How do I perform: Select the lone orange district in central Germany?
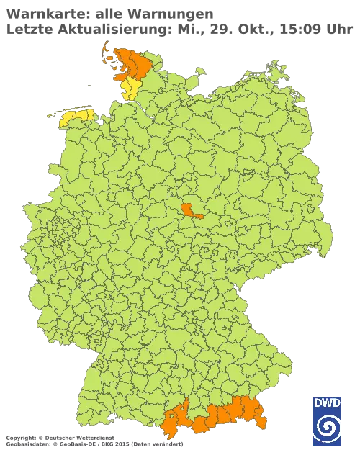(x=192, y=210)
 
